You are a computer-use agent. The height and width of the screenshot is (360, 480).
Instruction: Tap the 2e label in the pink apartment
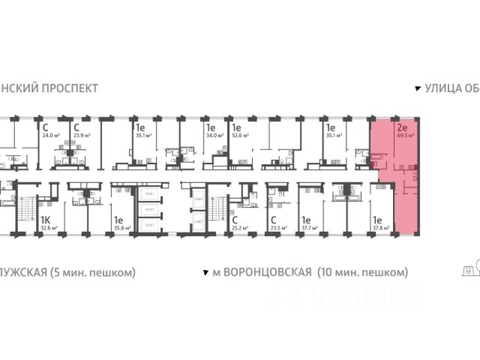pyautogui.click(x=403, y=128)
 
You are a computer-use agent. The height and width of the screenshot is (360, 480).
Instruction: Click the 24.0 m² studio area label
pyautogui.click(x=51, y=136)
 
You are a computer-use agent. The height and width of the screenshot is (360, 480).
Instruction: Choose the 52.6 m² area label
pyautogui.click(x=241, y=136)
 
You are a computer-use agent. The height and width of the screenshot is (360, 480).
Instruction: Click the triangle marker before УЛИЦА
pyautogui.click(x=418, y=88)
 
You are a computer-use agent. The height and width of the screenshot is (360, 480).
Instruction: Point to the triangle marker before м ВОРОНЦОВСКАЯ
pyautogui.click(x=205, y=272)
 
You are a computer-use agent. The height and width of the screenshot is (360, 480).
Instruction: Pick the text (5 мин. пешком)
pyautogui.click(x=94, y=271)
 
